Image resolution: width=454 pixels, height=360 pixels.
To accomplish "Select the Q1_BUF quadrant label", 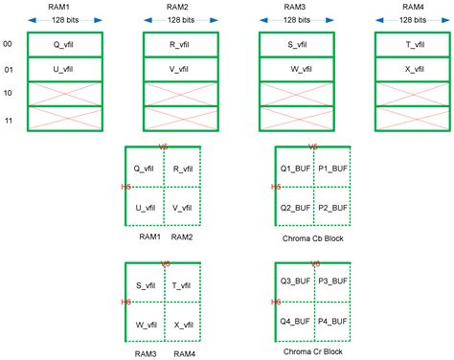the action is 293,167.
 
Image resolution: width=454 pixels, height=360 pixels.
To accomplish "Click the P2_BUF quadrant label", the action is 332,207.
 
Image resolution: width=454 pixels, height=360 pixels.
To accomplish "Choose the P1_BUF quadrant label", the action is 332,167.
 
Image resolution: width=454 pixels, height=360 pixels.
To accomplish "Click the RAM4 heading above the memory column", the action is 412,6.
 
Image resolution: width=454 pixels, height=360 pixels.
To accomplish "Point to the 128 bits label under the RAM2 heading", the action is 180,20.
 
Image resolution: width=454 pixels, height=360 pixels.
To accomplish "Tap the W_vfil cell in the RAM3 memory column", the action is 297,69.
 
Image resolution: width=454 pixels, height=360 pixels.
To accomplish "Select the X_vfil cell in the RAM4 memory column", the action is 413,69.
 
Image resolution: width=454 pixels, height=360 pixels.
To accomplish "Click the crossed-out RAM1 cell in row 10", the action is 64,93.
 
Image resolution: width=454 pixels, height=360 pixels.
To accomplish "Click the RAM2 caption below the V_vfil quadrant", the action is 181,236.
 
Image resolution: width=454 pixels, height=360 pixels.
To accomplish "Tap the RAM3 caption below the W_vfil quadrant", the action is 147,351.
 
